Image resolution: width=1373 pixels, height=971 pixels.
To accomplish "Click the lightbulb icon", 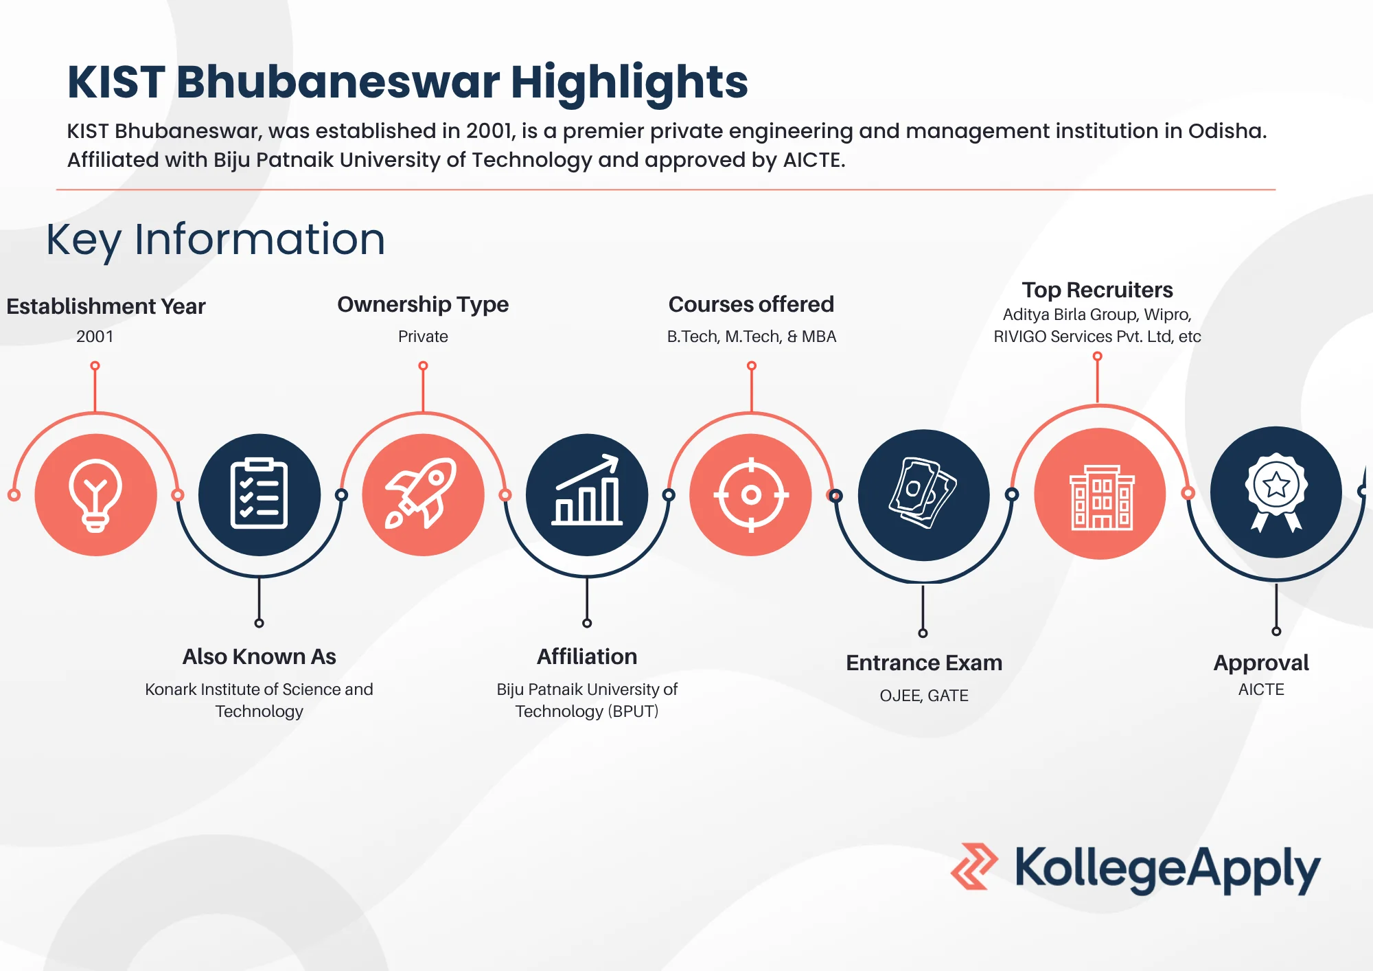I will coord(95,494).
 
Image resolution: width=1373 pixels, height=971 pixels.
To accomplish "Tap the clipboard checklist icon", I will coord(259,494).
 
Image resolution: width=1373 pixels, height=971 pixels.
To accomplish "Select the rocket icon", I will coord(423,494).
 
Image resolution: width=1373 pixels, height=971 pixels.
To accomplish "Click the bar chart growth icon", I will coord(587,494).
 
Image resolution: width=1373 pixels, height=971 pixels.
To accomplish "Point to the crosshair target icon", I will coord(751,494).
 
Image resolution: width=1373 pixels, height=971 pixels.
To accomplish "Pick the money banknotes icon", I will coord(923,494).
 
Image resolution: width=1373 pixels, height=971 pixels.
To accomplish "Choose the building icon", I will coord(1100,494).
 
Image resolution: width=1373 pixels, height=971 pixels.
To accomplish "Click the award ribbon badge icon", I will coord(1276,492).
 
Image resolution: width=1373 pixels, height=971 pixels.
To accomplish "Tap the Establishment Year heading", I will coord(106,306).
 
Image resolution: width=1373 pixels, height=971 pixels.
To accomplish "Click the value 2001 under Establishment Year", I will coord(95,336).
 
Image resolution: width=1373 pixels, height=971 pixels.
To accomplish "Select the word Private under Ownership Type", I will coord(423,336).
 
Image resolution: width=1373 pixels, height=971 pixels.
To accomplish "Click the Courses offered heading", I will coord(751,304).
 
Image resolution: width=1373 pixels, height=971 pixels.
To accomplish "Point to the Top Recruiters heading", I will coord(1097,290).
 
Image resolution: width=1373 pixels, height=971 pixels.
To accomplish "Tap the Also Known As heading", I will coord(259,656).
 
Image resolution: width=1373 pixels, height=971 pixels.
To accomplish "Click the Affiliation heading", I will coord(587,656).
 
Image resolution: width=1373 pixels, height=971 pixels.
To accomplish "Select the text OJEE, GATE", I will coord(924,696).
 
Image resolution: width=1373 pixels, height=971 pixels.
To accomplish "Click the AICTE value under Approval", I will coord(1261,689).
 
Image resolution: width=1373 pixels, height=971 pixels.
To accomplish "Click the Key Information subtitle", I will coord(216,240).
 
